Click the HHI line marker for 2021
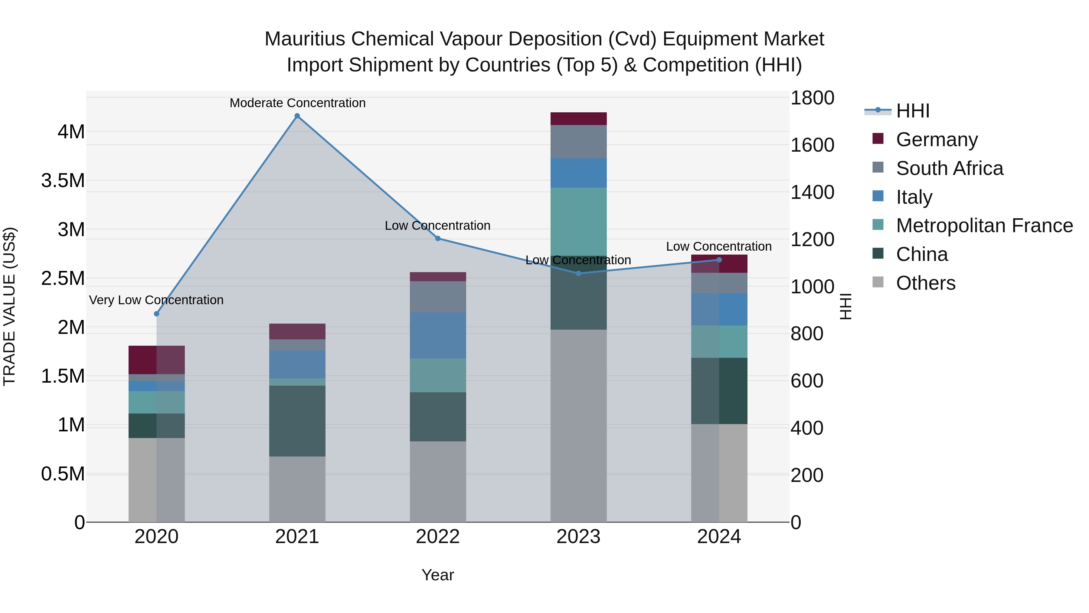click(x=297, y=116)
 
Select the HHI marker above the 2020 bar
click(x=156, y=314)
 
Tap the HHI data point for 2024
click(x=719, y=260)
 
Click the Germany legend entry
click(x=936, y=140)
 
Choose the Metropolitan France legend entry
click(x=984, y=226)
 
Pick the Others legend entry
click(x=925, y=283)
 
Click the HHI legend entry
click(x=912, y=111)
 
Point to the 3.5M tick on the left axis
click(x=63, y=181)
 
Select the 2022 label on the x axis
click(x=437, y=537)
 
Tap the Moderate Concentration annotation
click(x=297, y=103)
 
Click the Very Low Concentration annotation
click(x=156, y=300)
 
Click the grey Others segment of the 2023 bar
click(x=578, y=425)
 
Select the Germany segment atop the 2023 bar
click(x=578, y=118)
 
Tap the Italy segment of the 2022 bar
click(x=437, y=335)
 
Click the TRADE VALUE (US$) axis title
click(x=9, y=306)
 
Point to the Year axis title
click(x=437, y=575)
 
